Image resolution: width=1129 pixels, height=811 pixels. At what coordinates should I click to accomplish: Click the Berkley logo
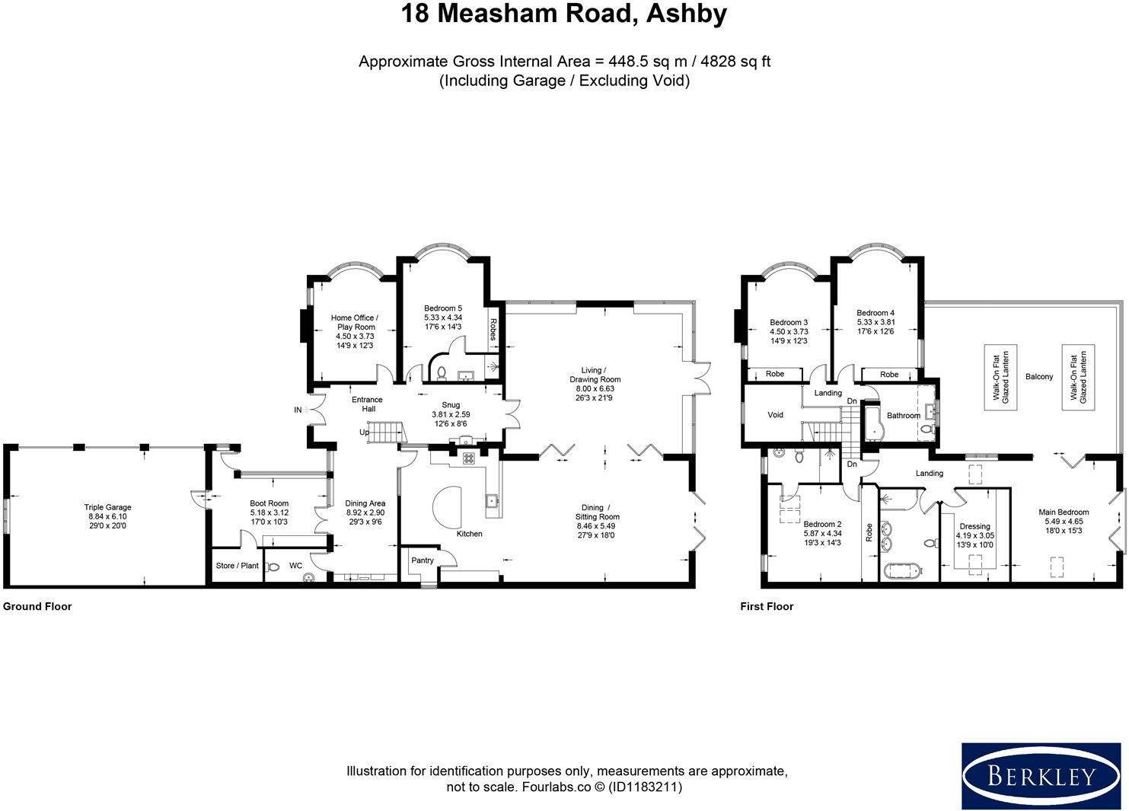click(1041, 776)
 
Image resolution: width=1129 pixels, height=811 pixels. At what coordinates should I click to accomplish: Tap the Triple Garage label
click(107, 507)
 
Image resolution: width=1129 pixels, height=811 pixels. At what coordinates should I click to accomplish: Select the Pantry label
click(422, 560)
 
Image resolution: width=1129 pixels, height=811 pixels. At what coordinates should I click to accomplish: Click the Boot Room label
click(269, 503)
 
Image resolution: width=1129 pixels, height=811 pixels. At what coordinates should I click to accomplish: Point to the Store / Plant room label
click(237, 566)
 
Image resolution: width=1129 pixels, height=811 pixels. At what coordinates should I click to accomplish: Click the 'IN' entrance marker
click(298, 410)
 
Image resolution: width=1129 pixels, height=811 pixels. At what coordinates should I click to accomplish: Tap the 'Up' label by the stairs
click(365, 433)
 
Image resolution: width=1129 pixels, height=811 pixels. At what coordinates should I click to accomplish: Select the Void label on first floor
click(775, 415)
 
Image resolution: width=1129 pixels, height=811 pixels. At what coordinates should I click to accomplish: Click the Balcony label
click(1039, 377)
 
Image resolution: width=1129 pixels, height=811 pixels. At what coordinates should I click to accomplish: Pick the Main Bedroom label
click(1064, 512)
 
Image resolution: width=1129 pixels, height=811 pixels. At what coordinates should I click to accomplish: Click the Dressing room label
click(974, 526)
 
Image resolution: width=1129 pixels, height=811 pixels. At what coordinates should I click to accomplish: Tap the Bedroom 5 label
click(443, 308)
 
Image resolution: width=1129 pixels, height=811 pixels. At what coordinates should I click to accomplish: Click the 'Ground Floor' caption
click(37, 607)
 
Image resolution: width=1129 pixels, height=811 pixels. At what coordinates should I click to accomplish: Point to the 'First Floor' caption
click(767, 607)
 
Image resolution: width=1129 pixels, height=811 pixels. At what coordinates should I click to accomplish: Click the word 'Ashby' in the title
click(686, 14)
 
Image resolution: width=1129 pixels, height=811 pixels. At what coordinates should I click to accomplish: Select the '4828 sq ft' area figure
click(732, 62)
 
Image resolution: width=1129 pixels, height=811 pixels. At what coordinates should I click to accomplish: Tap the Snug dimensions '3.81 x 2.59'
click(451, 415)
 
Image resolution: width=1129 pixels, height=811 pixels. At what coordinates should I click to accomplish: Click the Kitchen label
click(469, 534)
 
